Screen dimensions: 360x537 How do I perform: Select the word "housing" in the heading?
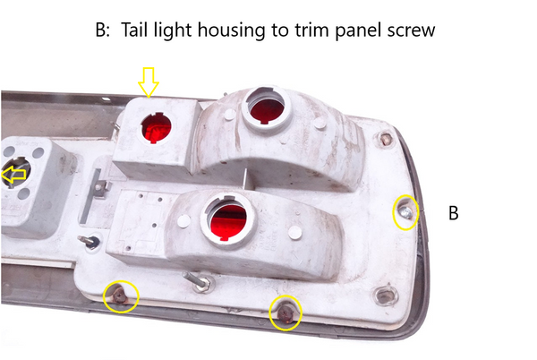(236, 30)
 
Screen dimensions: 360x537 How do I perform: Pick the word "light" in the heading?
(183, 30)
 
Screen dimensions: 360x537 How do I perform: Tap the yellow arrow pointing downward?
(148, 83)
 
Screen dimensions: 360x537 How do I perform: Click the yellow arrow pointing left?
(13, 176)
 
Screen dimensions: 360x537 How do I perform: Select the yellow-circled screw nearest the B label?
(405, 211)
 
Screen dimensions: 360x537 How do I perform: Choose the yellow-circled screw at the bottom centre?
(286, 311)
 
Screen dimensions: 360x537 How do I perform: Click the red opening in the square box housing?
(157, 129)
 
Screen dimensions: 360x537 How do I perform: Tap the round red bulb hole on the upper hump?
(265, 107)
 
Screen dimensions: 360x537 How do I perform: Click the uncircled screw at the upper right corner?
(386, 140)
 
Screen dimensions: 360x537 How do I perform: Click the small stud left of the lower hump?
(89, 241)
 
